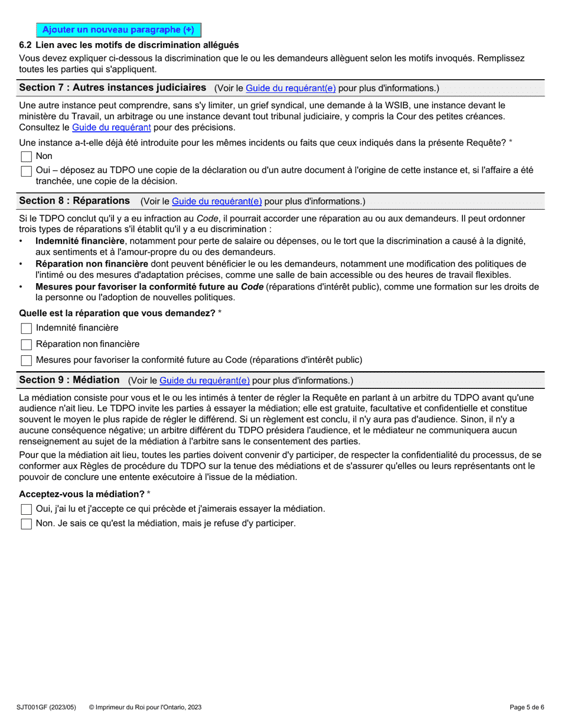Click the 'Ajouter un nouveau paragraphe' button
(x=118, y=30)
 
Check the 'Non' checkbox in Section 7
(x=26, y=157)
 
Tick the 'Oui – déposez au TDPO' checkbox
(x=26, y=171)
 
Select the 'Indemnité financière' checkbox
(x=26, y=328)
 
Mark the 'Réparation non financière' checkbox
(x=26, y=345)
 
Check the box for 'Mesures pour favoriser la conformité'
(x=26, y=361)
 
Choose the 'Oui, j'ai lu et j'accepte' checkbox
(x=26, y=509)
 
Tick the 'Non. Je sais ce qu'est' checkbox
(x=26, y=524)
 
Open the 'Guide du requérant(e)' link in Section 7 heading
(x=291, y=88)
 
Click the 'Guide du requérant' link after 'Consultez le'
(x=111, y=128)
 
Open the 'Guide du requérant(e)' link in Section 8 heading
(x=217, y=202)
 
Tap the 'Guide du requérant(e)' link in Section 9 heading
(x=204, y=381)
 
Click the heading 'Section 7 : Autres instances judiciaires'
(x=113, y=87)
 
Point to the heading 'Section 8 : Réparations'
(x=74, y=201)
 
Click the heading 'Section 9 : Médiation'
(x=69, y=380)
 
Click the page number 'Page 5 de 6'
(x=527, y=707)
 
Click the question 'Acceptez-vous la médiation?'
(x=82, y=494)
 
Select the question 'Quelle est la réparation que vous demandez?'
(x=117, y=313)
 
